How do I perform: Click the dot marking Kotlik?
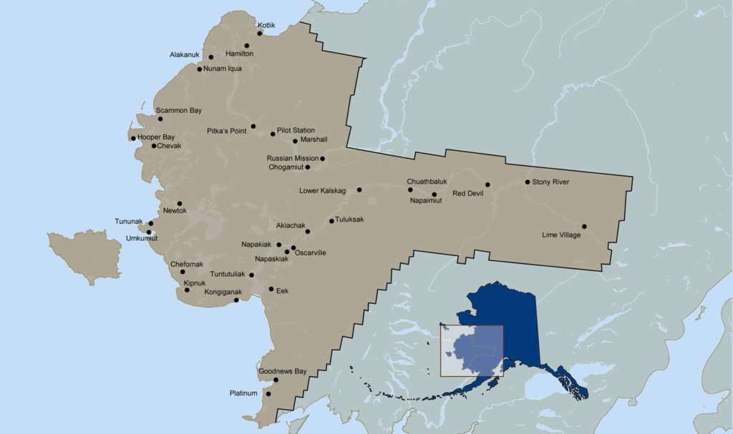point(260,33)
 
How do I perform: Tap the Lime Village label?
point(561,235)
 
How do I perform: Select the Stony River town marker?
point(528,182)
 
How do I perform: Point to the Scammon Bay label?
point(179,110)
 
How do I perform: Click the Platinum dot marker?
point(268,393)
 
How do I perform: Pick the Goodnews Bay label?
point(282,371)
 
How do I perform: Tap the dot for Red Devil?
point(487,184)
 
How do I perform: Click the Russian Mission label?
point(292,158)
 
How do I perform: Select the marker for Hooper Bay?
point(133,138)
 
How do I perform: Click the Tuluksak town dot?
point(331,221)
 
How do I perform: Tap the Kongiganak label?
point(223,292)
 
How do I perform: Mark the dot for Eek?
point(271,289)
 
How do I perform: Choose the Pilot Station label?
point(296,130)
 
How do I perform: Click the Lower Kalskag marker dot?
point(359,189)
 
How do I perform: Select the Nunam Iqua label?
point(223,69)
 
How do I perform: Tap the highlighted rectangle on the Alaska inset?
point(471,350)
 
